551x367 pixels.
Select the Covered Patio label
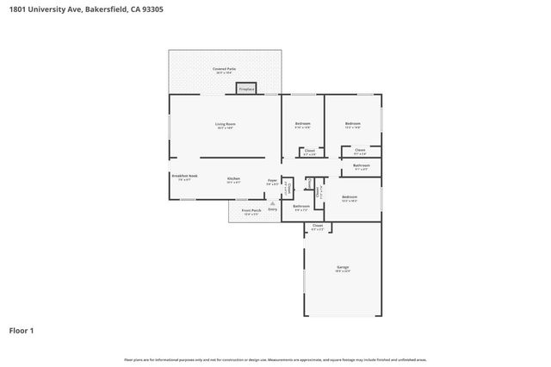(225, 69)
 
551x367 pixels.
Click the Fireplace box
(246, 88)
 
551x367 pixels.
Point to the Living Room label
(226, 125)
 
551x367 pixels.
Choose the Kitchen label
(233, 179)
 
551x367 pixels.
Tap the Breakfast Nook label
(184, 177)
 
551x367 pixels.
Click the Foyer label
(271, 181)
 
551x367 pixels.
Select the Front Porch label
(251, 210)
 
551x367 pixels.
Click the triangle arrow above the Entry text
(273, 203)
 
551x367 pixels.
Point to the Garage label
(343, 269)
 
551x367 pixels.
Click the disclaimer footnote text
(275, 359)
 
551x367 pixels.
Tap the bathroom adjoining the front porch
(301, 207)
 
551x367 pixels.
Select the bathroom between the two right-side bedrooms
(362, 166)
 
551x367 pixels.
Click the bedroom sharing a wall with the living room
(302, 125)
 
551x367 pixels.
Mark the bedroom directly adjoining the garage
(349, 199)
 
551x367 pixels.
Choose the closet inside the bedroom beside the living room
(310, 152)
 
